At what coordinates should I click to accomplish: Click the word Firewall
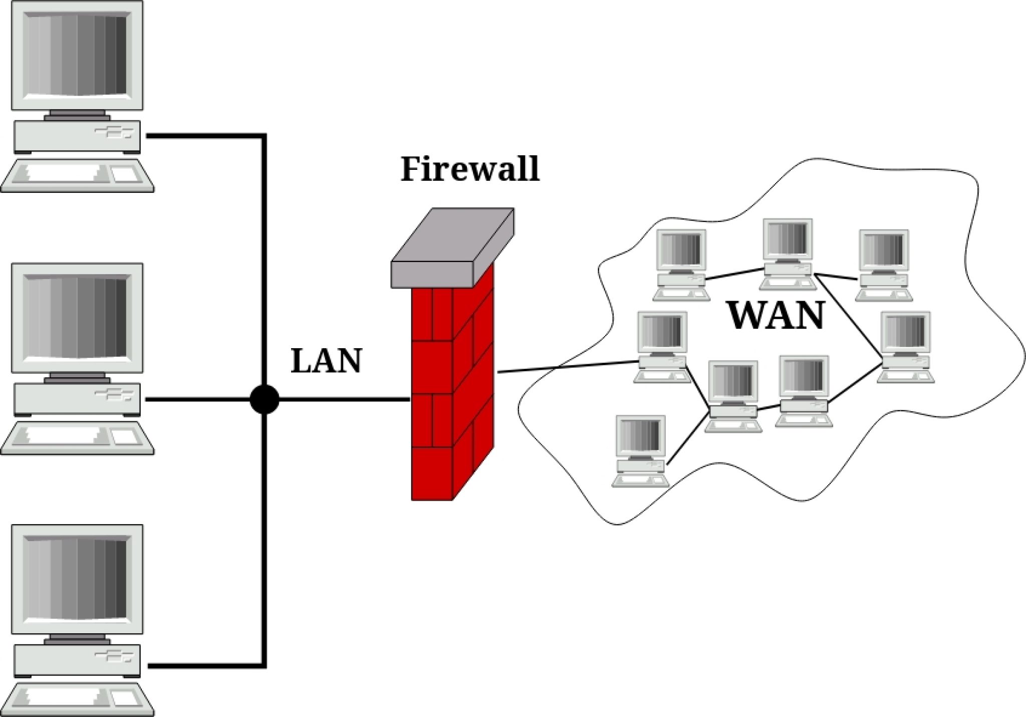point(469,169)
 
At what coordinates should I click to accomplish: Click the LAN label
point(326,361)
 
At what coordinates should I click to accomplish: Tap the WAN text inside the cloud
point(776,316)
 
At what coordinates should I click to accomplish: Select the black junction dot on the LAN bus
point(264,399)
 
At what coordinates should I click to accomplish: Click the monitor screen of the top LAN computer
point(77,55)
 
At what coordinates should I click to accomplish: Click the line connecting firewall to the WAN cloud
point(566,367)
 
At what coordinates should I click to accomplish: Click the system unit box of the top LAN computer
point(77,136)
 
